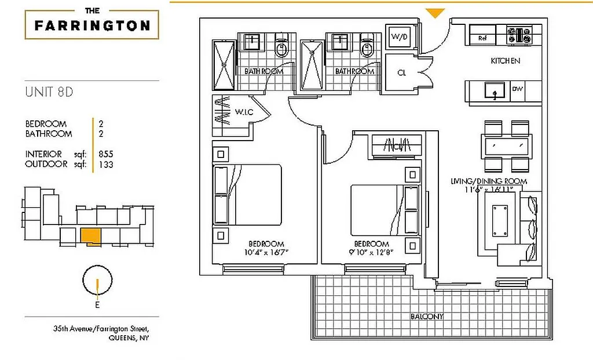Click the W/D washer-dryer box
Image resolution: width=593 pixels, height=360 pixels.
(x=399, y=37)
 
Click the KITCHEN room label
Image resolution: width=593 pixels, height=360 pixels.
(x=505, y=61)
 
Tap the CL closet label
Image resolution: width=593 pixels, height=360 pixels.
(x=401, y=73)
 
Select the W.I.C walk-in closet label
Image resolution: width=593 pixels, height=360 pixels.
(x=243, y=111)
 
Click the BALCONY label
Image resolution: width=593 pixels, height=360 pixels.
(x=427, y=317)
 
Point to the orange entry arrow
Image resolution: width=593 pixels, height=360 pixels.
(x=435, y=13)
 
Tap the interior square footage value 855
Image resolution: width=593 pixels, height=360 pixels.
(x=106, y=154)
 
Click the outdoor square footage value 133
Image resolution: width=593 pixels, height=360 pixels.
(x=105, y=164)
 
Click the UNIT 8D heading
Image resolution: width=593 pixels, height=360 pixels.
(x=49, y=91)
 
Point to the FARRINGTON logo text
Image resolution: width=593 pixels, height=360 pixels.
(x=92, y=25)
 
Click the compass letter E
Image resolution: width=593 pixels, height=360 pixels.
(x=97, y=304)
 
